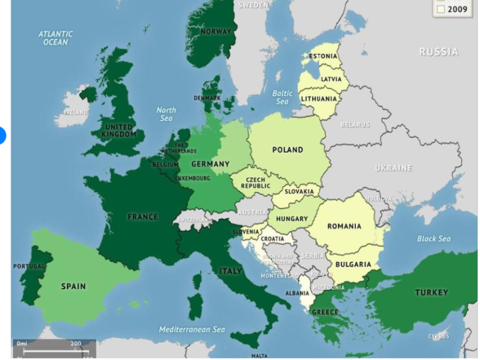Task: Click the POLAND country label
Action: point(288,150)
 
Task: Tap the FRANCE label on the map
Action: point(143,217)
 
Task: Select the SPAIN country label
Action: point(73,286)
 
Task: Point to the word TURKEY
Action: point(431,292)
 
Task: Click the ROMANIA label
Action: point(345,226)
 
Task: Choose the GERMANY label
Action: point(210,164)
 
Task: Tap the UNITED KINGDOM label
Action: point(119,130)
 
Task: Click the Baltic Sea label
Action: point(282,97)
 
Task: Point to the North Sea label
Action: point(166,114)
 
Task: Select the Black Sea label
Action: point(434,238)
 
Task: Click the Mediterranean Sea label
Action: point(192,329)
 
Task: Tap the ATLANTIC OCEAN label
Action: point(55,38)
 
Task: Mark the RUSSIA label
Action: point(439,53)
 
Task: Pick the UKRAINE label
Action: point(393,168)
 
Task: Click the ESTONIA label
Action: point(323,57)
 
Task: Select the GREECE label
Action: point(325,312)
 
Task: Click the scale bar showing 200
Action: point(55,348)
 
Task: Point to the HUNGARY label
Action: point(292,219)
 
